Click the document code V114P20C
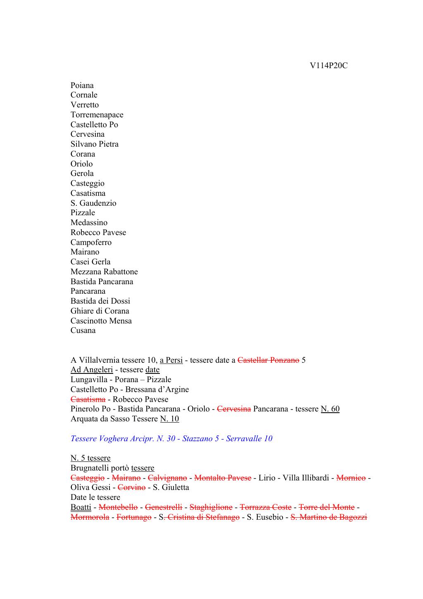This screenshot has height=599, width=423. coord(328,66)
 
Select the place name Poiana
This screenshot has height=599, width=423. coord(82,86)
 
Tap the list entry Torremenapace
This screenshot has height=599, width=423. coord(97,115)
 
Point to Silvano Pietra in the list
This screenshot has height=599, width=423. coord(94,144)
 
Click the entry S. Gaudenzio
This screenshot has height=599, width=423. coord(93,203)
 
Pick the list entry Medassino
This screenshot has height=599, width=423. coord(89,223)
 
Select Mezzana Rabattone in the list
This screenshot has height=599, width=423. coord(104,272)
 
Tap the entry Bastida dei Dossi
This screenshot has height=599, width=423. coord(100,301)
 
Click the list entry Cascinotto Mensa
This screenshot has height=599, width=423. coord(101,321)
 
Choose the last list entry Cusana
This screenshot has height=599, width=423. coord(83,330)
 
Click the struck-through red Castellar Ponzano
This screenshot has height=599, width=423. coord(269,360)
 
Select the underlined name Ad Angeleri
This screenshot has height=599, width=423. coord(92,370)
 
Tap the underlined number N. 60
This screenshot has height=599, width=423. coord(330,409)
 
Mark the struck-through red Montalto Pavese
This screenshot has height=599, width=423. coord(223,478)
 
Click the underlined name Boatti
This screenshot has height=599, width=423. coord(81,507)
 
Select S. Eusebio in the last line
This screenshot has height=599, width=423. coord(265,517)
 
